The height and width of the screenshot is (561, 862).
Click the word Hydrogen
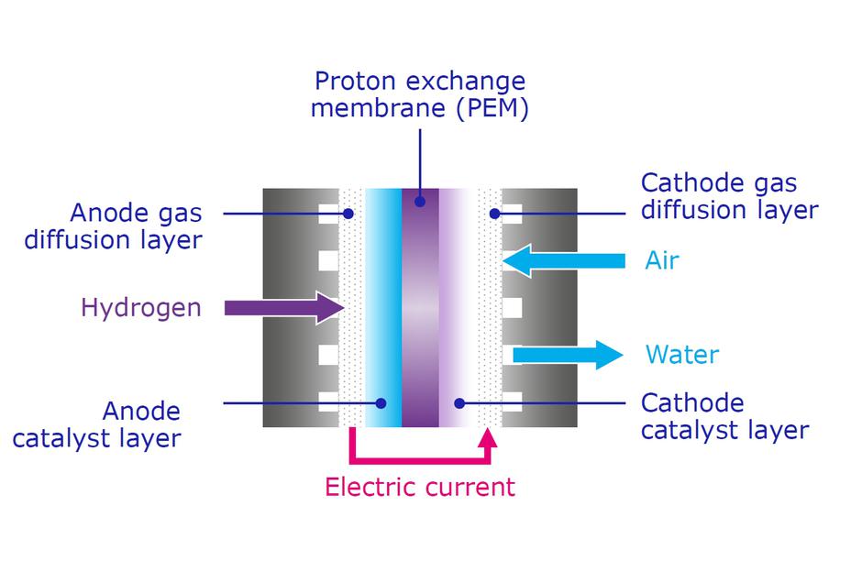click(141, 307)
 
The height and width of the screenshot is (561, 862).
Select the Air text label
click(662, 260)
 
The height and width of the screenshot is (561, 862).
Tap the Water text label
click(682, 355)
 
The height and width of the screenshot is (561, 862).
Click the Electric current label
click(420, 487)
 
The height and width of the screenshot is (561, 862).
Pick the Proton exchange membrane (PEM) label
click(420, 94)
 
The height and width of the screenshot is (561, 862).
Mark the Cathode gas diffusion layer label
click(729, 196)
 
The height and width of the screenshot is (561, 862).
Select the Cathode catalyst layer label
click(724, 416)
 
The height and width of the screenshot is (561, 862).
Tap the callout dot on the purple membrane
click(420, 201)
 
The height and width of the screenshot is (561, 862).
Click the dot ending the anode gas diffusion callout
click(348, 214)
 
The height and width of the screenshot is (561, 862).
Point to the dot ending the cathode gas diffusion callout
click(494, 214)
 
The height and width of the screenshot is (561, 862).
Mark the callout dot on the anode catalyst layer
click(381, 402)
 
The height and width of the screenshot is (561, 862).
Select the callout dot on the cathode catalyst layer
click(460, 402)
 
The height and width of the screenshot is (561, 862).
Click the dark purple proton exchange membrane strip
click(420, 312)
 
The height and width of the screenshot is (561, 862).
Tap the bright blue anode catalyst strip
click(383, 312)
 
